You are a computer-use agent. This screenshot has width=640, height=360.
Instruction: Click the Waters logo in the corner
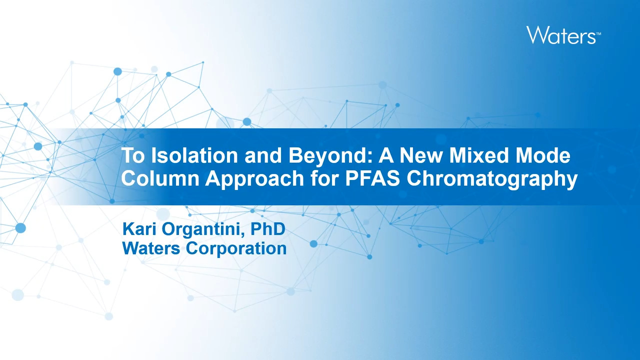[x=563, y=35]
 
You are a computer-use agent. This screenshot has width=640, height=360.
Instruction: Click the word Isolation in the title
[x=194, y=155]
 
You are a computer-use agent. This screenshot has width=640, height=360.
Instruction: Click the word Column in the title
[x=160, y=178]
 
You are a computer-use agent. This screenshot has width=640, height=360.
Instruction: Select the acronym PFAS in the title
[x=372, y=178]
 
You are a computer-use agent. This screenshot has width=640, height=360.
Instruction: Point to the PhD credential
[x=268, y=229]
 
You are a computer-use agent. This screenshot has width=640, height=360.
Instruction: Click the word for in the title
[x=325, y=178]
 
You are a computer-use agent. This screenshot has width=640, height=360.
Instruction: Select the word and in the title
[x=263, y=155]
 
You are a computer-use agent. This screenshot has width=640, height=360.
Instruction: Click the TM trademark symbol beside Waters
[x=598, y=33]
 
